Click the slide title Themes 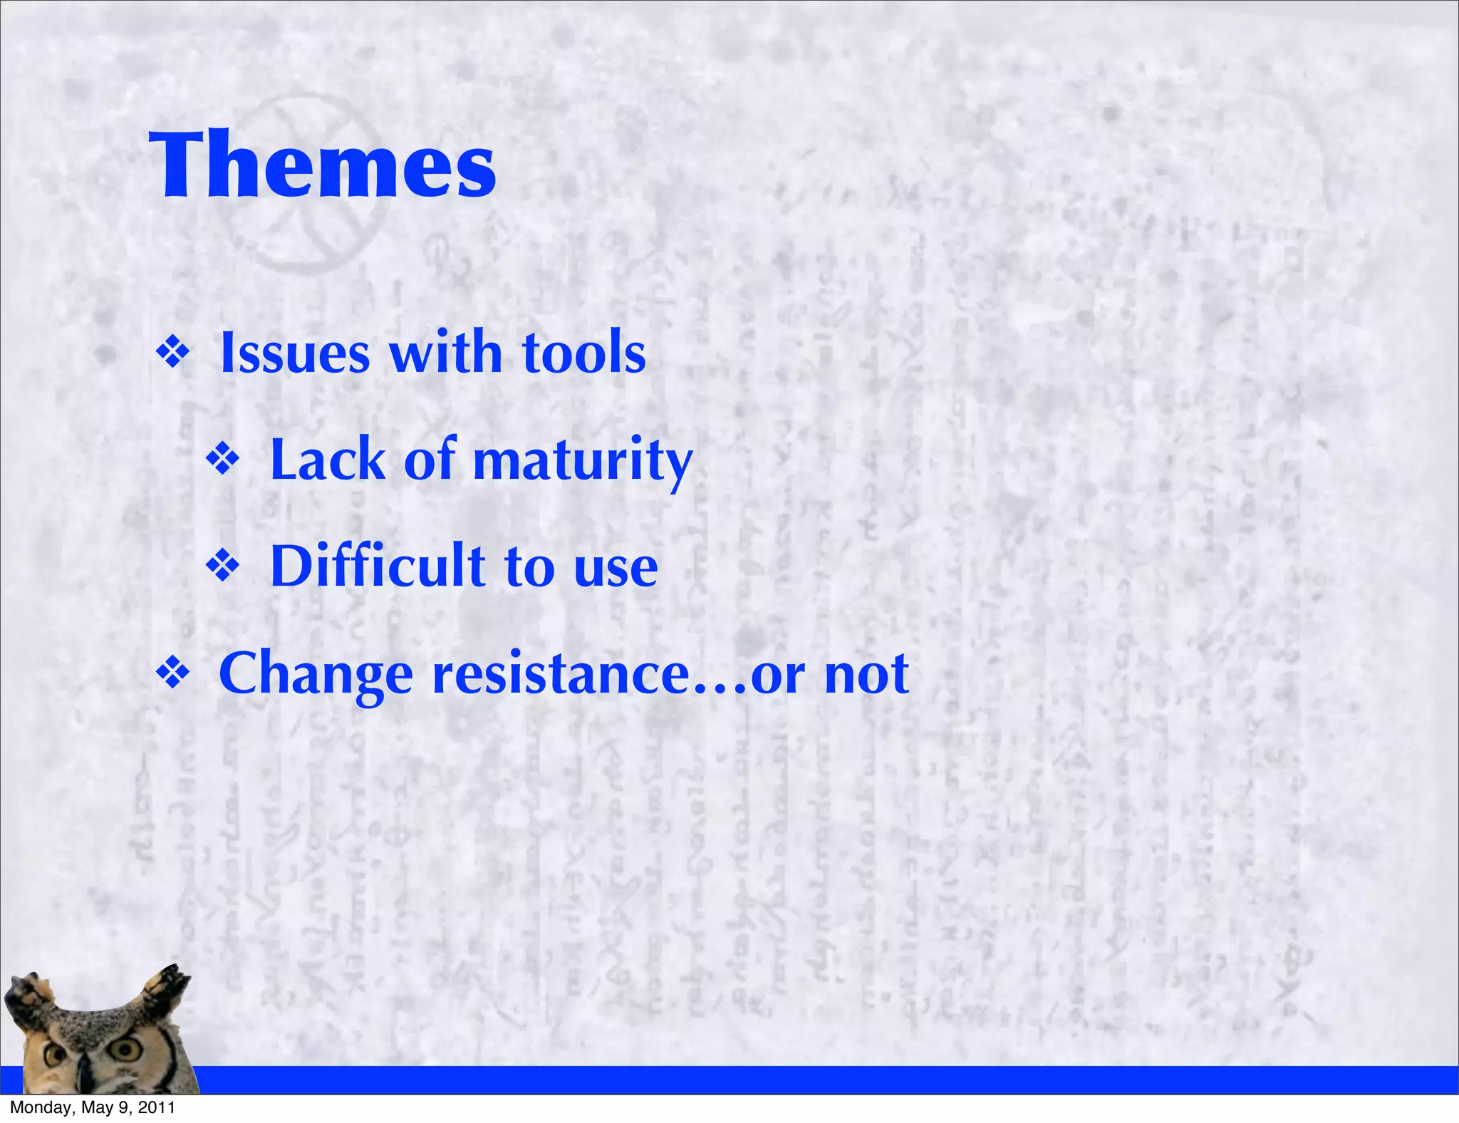tap(322, 165)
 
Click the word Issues tap(295, 353)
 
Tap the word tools tap(583, 353)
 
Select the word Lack tap(328, 460)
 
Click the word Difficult tap(378, 566)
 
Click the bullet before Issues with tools tap(173, 353)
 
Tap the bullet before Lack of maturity tap(223, 460)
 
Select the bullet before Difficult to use tap(223, 567)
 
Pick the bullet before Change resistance tap(173, 674)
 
